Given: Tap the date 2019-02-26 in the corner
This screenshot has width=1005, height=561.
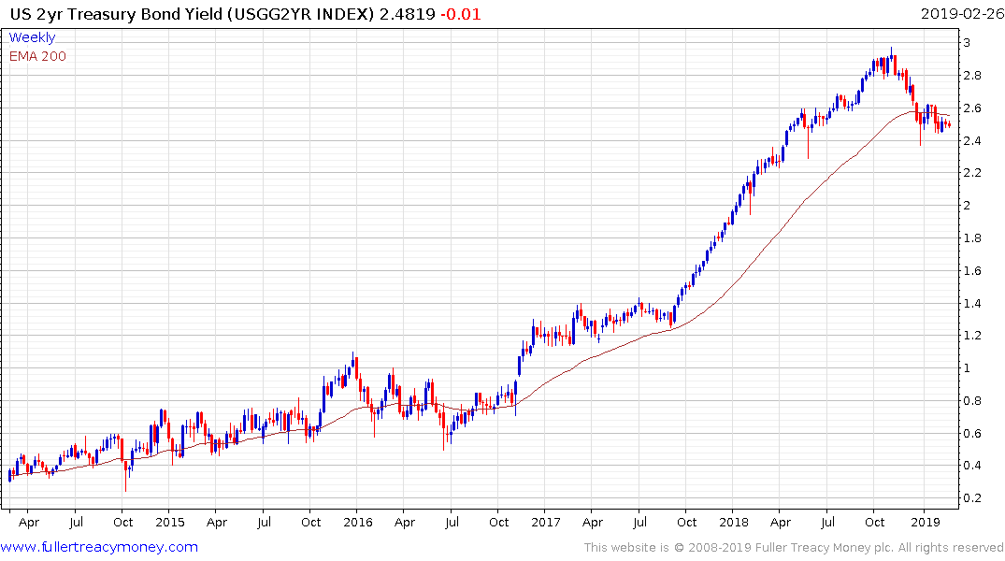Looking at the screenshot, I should [x=961, y=14].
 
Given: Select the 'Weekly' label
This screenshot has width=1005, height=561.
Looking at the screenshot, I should [x=32, y=37].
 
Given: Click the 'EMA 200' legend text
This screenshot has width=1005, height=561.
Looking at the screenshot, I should [x=37, y=55].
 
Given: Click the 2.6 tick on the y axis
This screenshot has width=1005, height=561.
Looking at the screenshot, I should [x=974, y=108].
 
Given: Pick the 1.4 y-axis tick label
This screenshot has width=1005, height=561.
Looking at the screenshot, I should [x=974, y=303].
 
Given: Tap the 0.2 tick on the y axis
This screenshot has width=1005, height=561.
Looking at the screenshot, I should [x=974, y=498].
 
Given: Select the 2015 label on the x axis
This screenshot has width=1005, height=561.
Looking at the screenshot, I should [x=169, y=522].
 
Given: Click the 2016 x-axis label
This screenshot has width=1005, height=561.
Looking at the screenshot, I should [x=357, y=522].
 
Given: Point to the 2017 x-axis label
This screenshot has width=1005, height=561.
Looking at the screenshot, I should [x=546, y=522].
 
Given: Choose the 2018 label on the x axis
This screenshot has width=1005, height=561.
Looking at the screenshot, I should [x=734, y=522].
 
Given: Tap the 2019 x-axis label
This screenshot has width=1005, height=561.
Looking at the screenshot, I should [x=923, y=522].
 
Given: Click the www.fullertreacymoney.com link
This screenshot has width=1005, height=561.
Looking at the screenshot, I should [x=100, y=547].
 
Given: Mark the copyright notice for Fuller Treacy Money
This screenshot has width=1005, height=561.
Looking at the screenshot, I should [x=794, y=548].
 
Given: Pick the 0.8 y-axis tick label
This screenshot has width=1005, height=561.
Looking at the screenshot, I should [x=974, y=401].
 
